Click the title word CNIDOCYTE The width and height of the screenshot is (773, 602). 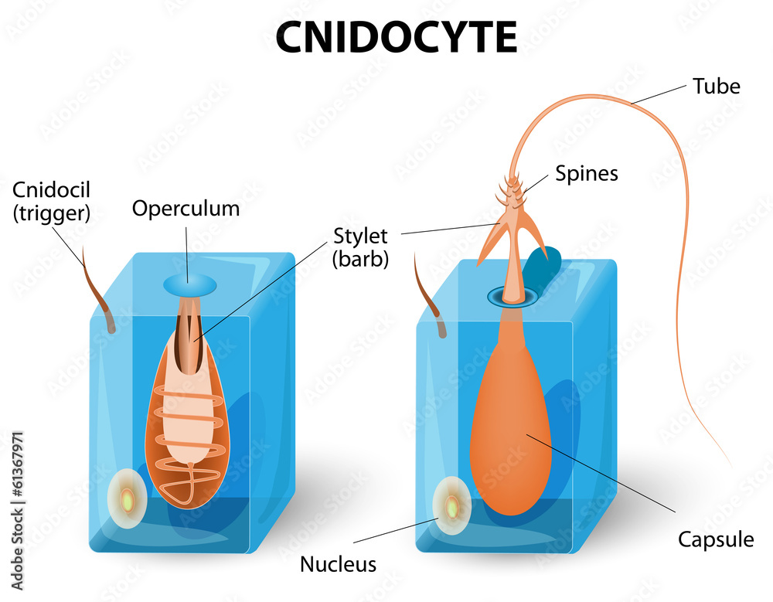click(396, 36)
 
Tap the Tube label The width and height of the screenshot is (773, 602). click(716, 86)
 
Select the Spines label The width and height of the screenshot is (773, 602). click(587, 173)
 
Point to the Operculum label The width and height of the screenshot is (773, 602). click(186, 208)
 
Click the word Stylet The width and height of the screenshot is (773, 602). click(360, 235)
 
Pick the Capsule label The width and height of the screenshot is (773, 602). click(715, 539)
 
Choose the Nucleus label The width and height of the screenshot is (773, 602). click(338, 564)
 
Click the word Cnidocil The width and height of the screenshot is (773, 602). click(51, 189)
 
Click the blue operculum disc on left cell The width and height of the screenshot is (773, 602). click(189, 284)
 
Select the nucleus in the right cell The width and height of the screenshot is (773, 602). click(453, 507)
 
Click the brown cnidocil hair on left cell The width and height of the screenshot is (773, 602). click(99, 294)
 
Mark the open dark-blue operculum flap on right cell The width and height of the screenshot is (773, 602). click(544, 266)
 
